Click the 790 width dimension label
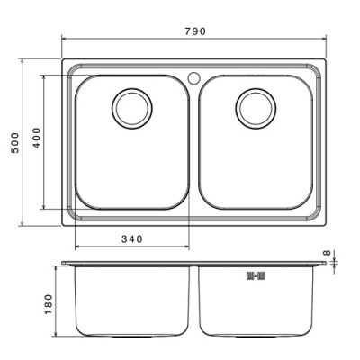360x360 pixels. [195, 31]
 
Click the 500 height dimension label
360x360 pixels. [15, 143]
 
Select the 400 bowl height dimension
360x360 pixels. [36, 138]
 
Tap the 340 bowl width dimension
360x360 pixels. [132, 239]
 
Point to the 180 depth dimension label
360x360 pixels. [49, 304]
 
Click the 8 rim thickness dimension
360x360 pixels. [328, 253]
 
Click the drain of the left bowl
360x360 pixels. [132, 109]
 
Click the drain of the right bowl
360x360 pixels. [256, 109]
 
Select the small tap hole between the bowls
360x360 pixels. [193, 78]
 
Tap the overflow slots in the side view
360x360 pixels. [256, 275]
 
